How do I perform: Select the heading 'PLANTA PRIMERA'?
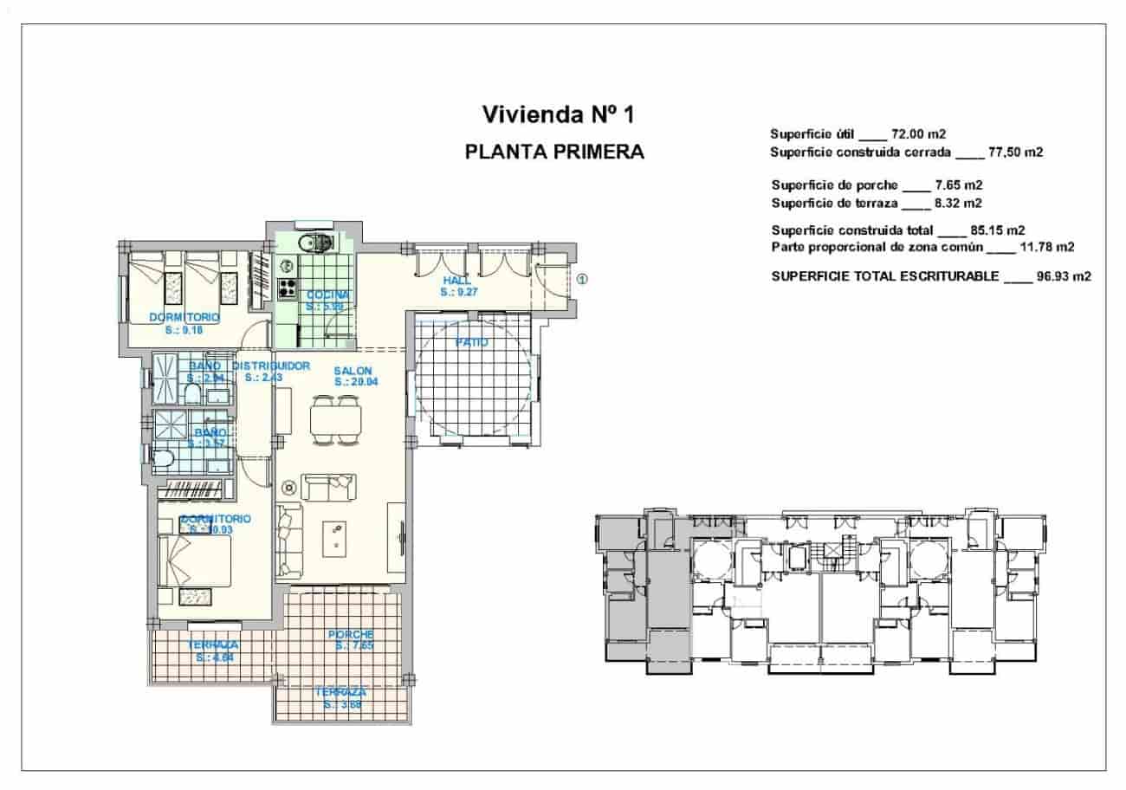click(554, 152)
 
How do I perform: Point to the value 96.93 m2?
click(1063, 277)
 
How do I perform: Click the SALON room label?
click(353, 371)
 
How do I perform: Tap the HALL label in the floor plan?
click(456, 281)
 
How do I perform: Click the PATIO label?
click(472, 343)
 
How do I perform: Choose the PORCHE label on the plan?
click(351, 635)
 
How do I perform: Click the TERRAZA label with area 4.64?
click(213, 645)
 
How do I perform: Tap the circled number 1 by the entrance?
click(582, 279)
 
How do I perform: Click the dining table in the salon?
click(334, 419)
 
